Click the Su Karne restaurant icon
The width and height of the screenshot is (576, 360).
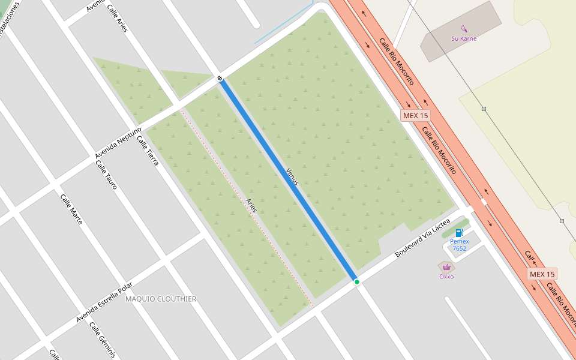464,28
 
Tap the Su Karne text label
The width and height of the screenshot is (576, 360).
464,38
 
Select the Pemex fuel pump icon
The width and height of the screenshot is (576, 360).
460,233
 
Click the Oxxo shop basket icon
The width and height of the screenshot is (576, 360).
446,268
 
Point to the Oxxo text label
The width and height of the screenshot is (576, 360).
446,277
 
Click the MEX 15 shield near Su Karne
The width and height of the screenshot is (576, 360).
415,115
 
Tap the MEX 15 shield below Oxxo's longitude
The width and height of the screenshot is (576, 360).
542,274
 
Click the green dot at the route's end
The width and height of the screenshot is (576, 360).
356,282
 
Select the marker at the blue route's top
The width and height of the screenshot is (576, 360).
221,78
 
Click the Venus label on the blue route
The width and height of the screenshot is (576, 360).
292,176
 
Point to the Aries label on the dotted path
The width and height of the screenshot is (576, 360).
252,205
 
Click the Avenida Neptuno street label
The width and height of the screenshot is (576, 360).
118,143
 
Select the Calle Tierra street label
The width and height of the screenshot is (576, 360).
148,151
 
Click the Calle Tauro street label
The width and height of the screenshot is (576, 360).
106,175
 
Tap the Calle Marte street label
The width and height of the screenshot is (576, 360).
71,209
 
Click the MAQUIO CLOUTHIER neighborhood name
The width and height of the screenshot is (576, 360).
160,299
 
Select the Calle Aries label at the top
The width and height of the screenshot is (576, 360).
117,18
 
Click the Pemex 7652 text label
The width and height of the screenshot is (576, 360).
459,245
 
